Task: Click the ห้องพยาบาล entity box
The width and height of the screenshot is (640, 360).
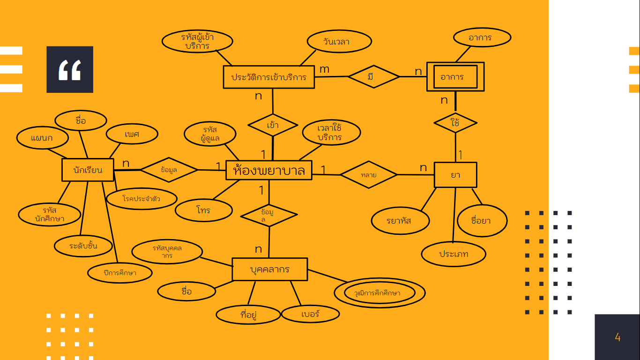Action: point(268,170)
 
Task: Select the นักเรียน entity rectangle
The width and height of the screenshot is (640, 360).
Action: point(88,170)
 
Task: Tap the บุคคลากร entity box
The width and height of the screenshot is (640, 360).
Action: point(270,270)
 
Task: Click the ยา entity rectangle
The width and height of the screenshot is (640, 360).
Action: point(455,175)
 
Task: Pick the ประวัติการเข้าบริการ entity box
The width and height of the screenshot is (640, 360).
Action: point(268,77)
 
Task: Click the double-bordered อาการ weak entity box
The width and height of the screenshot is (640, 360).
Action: point(455,77)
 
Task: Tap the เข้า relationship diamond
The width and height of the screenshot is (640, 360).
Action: point(273,125)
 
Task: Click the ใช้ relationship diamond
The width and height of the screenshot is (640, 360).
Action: point(455,123)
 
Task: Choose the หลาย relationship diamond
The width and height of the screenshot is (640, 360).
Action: point(368,175)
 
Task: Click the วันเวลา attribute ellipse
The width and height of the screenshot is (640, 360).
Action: point(339,41)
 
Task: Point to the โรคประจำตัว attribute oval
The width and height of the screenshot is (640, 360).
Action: point(141,199)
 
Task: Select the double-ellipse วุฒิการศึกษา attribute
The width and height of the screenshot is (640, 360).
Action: point(379,293)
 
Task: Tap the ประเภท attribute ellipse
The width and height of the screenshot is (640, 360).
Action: point(454,255)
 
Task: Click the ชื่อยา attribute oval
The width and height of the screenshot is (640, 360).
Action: point(481,220)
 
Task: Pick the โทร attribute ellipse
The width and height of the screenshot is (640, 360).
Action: point(203,210)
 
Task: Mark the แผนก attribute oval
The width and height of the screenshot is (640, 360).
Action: point(42,138)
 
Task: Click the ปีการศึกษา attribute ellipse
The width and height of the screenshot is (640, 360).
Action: point(120,273)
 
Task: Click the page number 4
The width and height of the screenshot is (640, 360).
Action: point(618,337)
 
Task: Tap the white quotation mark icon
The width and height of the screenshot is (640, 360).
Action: point(70,69)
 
